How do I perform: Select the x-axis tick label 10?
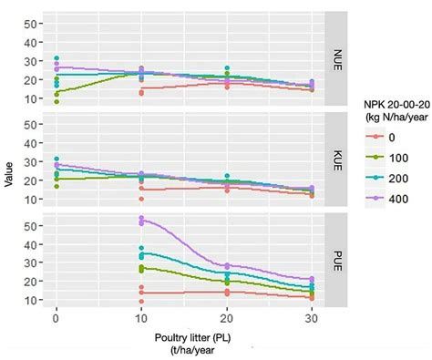(141, 321)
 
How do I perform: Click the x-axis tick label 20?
(227, 321)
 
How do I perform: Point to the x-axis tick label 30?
(312, 321)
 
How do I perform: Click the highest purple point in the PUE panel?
(141, 218)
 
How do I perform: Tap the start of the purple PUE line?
(141, 221)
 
